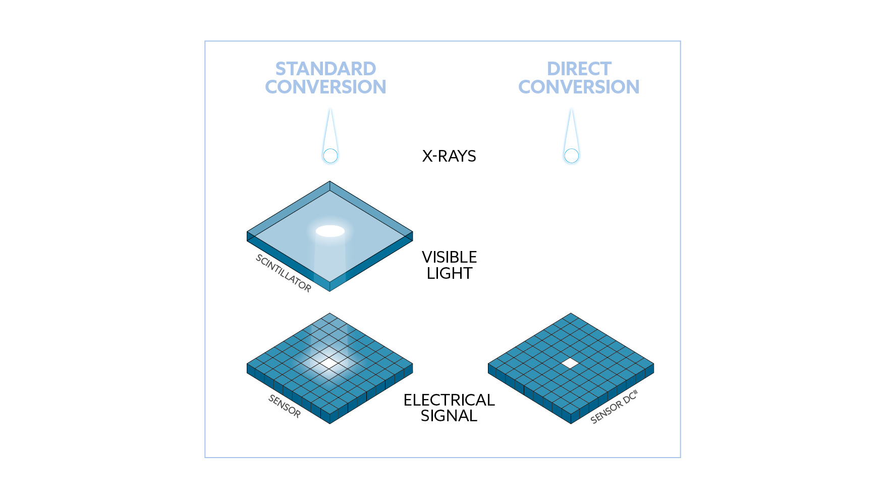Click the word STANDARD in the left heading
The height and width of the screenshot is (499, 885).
[325, 69]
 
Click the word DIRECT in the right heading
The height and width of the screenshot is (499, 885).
[579, 69]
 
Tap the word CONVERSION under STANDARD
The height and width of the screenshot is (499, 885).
[325, 87]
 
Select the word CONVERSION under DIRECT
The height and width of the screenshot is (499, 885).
[579, 87]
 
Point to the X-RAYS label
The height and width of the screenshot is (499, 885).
[449, 156]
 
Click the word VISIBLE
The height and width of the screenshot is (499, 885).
[450, 257]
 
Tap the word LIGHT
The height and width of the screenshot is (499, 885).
[450, 273]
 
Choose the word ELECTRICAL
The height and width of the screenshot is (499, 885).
[449, 400]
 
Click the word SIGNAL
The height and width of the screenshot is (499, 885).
[449, 416]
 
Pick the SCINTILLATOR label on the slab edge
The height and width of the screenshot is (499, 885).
[284, 273]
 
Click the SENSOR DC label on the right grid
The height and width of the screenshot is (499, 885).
[614, 407]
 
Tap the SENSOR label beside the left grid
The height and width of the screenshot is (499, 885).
[285, 406]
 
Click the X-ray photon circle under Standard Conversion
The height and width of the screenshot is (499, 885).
[330, 156]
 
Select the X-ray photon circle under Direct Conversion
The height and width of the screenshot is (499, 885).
[572, 156]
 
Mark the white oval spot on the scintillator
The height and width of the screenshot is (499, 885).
[330, 231]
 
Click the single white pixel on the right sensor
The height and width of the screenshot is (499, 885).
[570, 363]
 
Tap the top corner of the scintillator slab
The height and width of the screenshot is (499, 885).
[330, 181]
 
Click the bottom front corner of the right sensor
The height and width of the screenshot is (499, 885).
[571, 424]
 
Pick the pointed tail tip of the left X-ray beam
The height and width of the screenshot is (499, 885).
[330, 108]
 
